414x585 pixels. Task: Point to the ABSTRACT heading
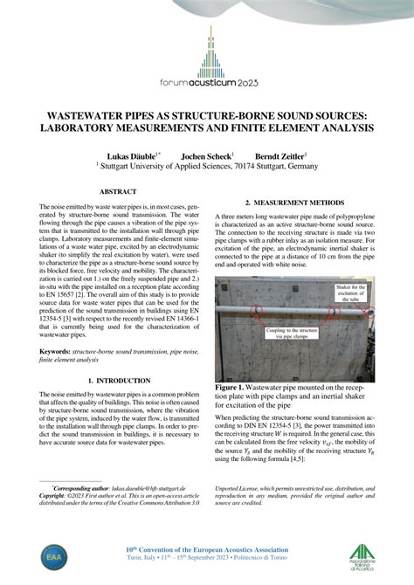tap(117, 190)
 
